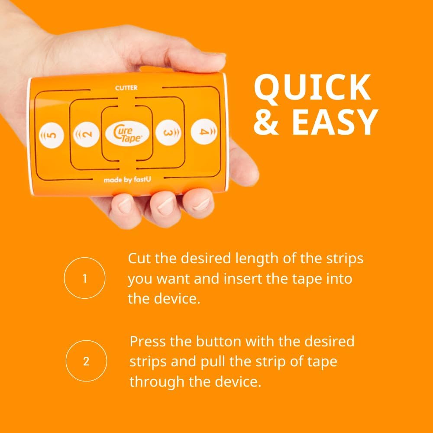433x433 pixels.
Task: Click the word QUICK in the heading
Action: tap(312, 88)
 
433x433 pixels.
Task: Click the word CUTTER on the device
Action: tap(126, 88)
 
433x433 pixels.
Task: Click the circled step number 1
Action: tap(84, 278)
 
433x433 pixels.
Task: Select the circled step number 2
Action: tap(86, 362)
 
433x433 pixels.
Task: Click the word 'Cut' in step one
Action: tap(139, 259)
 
